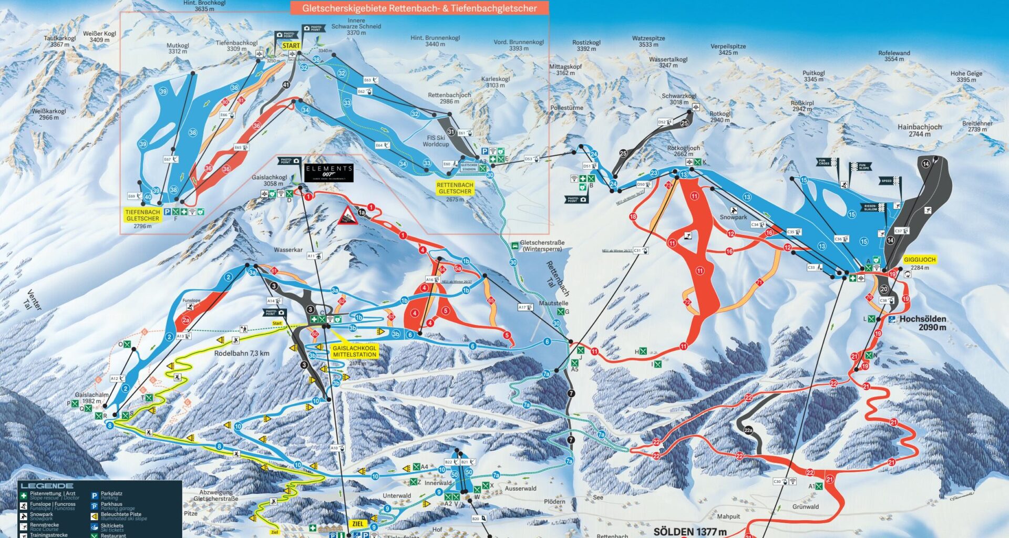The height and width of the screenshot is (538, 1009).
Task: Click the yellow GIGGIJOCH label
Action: pyautogui.click(x=919, y=260)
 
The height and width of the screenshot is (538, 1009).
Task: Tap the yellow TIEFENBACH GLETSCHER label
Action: pyautogui.click(x=142, y=215)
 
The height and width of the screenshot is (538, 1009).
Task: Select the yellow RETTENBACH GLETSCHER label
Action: pyautogui.click(x=455, y=188)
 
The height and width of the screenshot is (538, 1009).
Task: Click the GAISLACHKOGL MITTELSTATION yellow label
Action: pyautogui.click(x=354, y=351)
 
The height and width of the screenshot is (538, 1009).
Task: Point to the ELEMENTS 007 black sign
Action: pyautogui.click(x=329, y=172)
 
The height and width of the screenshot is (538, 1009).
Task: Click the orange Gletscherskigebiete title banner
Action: pyautogui.click(x=419, y=8)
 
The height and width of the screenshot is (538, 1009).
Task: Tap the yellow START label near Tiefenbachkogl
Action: pyautogui.click(x=291, y=46)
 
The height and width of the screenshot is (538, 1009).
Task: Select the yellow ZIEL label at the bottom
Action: pyautogui.click(x=357, y=524)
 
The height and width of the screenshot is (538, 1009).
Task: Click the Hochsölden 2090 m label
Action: pyautogui.click(x=922, y=323)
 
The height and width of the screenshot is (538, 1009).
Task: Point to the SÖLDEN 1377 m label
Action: pyautogui.click(x=689, y=532)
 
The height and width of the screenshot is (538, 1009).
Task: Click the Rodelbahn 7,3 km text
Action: pyautogui.click(x=241, y=354)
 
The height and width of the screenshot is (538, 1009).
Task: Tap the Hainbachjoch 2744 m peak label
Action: pyautogui.click(x=919, y=130)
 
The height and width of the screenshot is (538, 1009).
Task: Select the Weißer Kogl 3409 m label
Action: pyautogui.click(x=99, y=37)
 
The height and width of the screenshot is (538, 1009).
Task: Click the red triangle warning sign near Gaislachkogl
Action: pyautogui.click(x=347, y=216)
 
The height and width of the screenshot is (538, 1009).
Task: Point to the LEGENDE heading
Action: pyautogui.click(x=47, y=486)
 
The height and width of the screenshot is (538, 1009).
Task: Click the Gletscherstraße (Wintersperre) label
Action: pyautogui.click(x=542, y=246)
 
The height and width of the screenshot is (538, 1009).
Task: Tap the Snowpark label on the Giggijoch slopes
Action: pyautogui.click(x=733, y=217)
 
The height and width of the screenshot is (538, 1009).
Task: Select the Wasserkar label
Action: pyautogui.click(x=288, y=250)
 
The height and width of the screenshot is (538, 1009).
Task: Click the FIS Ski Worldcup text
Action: pyautogui.click(x=436, y=141)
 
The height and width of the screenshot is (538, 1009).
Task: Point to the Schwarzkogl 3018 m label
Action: pyautogui.click(x=678, y=99)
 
